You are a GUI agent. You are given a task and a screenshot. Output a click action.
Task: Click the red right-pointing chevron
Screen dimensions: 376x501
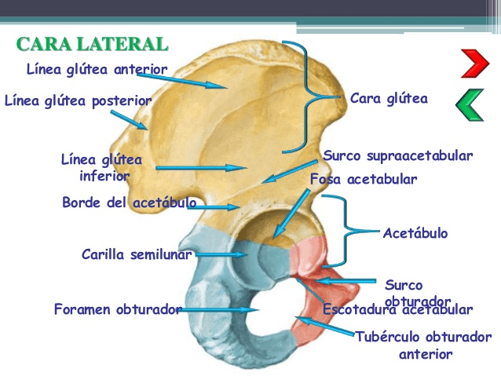(x=474, y=63)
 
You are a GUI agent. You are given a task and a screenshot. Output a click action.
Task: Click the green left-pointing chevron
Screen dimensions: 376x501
(x=469, y=106)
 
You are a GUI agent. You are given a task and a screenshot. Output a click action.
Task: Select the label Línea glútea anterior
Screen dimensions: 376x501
(x=97, y=69)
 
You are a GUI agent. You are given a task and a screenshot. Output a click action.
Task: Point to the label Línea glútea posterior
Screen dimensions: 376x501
(x=78, y=100)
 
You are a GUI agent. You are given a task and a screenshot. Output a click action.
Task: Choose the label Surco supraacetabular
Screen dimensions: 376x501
(x=398, y=155)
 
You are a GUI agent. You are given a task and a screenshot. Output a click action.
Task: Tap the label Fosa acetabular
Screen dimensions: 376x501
(x=364, y=179)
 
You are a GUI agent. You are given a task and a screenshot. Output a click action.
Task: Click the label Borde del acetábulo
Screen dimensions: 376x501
(x=129, y=203)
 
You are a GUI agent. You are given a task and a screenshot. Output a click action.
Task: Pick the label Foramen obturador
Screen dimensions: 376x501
(x=118, y=308)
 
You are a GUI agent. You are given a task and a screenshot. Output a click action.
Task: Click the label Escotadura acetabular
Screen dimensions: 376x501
(x=398, y=310)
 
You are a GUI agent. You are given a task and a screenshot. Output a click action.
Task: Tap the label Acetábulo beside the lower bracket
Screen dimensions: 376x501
(x=415, y=233)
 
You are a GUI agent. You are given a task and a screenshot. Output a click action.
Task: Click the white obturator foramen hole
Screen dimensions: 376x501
(x=259, y=311)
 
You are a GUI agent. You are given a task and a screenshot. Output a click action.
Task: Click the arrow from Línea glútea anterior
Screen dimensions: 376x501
(x=196, y=79)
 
